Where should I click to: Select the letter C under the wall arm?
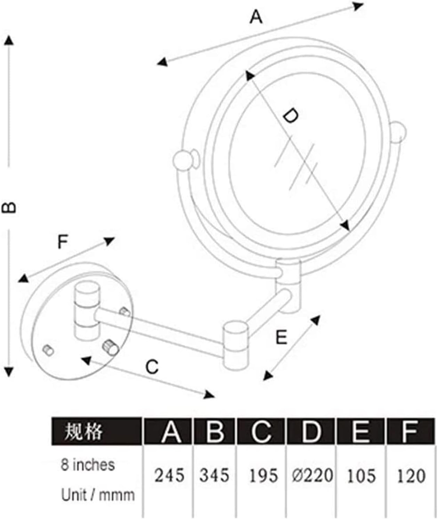(x=152, y=367)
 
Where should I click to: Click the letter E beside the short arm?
(x=281, y=337)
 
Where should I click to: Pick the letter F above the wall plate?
(x=63, y=242)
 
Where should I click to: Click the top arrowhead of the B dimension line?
(x=9, y=40)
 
